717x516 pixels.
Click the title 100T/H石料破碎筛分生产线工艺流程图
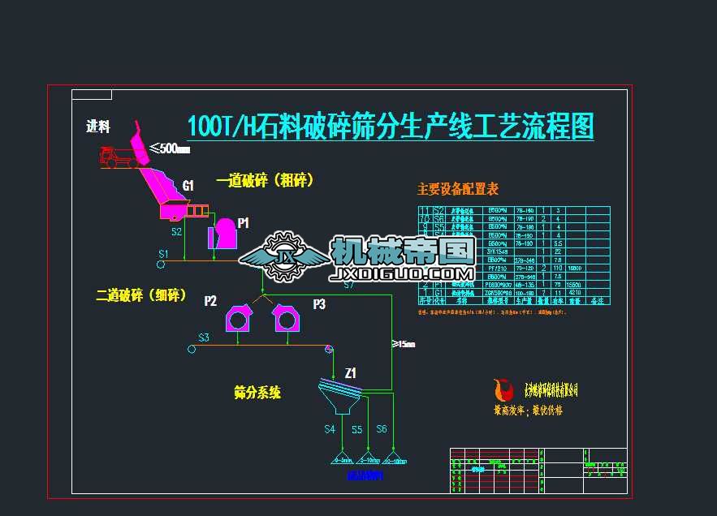pos(391,127)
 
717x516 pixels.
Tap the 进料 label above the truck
pos(98,127)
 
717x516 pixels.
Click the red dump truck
pos(114,157)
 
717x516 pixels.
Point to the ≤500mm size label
pos(170,148)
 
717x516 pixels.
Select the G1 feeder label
pos(188,186)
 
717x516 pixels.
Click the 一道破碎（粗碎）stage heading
pos(265,180)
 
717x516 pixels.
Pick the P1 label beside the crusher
pos(243,222)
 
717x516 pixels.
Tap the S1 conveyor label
pos(163,254)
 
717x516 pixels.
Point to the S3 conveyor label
pos(204,338)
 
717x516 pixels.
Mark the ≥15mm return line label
pos(404,344)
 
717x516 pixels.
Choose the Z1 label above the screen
pos(351,373)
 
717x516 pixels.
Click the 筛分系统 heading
pos(257,393)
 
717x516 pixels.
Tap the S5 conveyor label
pos(357,429)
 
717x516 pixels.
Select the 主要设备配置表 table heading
pos(458,189)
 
